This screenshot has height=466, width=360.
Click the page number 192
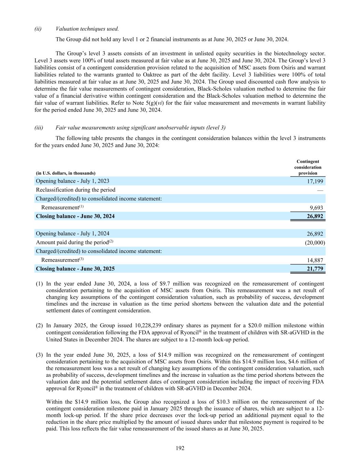[180, 448]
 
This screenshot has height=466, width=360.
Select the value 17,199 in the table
[315, 182]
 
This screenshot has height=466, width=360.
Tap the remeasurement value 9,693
[316, 208]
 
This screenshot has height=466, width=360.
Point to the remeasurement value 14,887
[315, 260]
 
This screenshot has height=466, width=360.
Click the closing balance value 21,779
[315, 269]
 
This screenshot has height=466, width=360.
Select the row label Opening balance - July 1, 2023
[73, 181]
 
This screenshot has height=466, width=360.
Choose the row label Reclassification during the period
[76, 190]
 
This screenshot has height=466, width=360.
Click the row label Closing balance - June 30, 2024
[75, 216]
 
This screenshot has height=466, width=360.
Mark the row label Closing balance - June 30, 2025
[75, 269]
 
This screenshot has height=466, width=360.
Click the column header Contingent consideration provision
[308, 167]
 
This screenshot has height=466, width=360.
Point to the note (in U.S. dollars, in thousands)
[66, 173]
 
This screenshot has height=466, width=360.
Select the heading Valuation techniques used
[87, 29]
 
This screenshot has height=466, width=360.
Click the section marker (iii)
[39, 128]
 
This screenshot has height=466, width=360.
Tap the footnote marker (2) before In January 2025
[40, 326]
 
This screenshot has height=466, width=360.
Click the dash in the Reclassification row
[320, 190]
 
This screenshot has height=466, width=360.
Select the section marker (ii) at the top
[38, 29]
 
